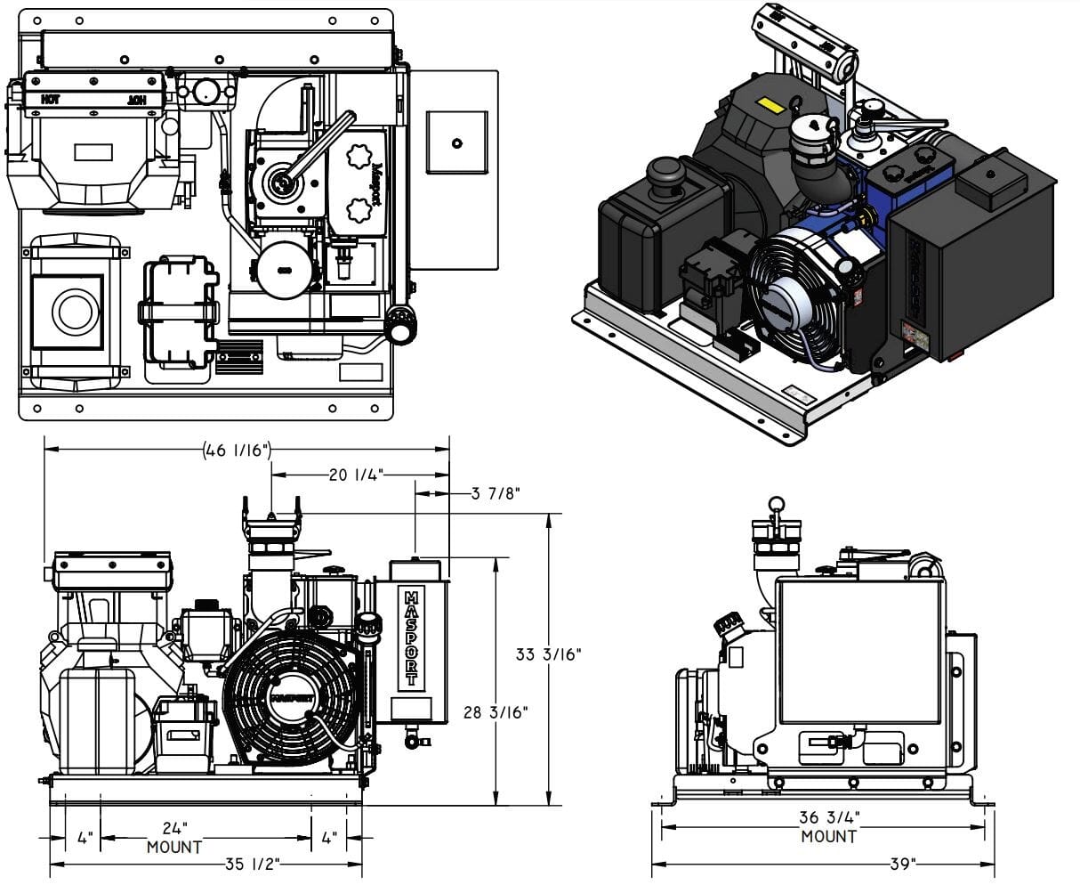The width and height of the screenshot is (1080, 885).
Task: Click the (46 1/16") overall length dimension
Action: coord(237,450)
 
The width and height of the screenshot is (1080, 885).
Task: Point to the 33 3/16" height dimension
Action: coord(548,654)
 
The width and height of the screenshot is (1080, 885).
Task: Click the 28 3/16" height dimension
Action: coord(496,711)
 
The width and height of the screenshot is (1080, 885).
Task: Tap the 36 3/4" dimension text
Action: coord(829,818)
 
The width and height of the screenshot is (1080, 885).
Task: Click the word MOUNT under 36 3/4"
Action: coord(829,836)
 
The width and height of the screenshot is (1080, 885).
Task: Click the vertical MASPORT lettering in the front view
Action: coord(411,636)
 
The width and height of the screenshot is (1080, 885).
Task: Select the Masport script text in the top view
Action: coord(376,183)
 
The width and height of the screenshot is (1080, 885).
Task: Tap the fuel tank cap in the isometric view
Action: coord(664,170)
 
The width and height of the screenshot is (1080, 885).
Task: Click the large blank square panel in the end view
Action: coord(859,652)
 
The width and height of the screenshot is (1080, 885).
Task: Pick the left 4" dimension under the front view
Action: coord(85,838)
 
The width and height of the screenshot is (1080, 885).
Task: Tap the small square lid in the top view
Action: coord(456,142)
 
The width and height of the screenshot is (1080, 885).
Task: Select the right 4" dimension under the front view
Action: coord(328,838)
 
